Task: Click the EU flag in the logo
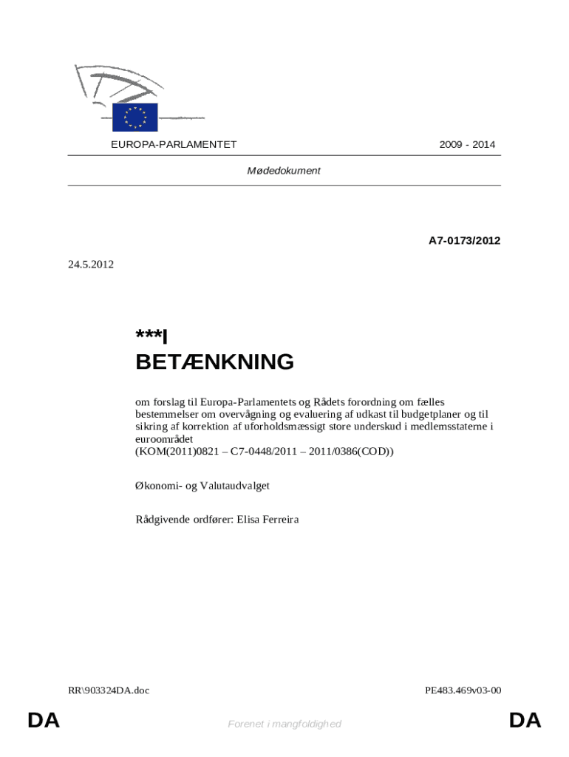click(135, 117)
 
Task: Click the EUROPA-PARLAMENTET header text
click(174, 145)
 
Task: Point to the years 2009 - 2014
click(467, 145)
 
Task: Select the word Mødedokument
click(284, 171)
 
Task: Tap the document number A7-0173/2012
click(465, 240)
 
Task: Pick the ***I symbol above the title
click(152, 336)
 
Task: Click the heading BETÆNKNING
click(214, 362)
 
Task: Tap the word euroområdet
click(164, 439)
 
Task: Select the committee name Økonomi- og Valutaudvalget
click(202, 486)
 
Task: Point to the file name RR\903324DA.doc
click(109, 690)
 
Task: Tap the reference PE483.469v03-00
click(463, 690)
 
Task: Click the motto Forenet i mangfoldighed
click(284, 724)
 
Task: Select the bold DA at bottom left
click(44, 722)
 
